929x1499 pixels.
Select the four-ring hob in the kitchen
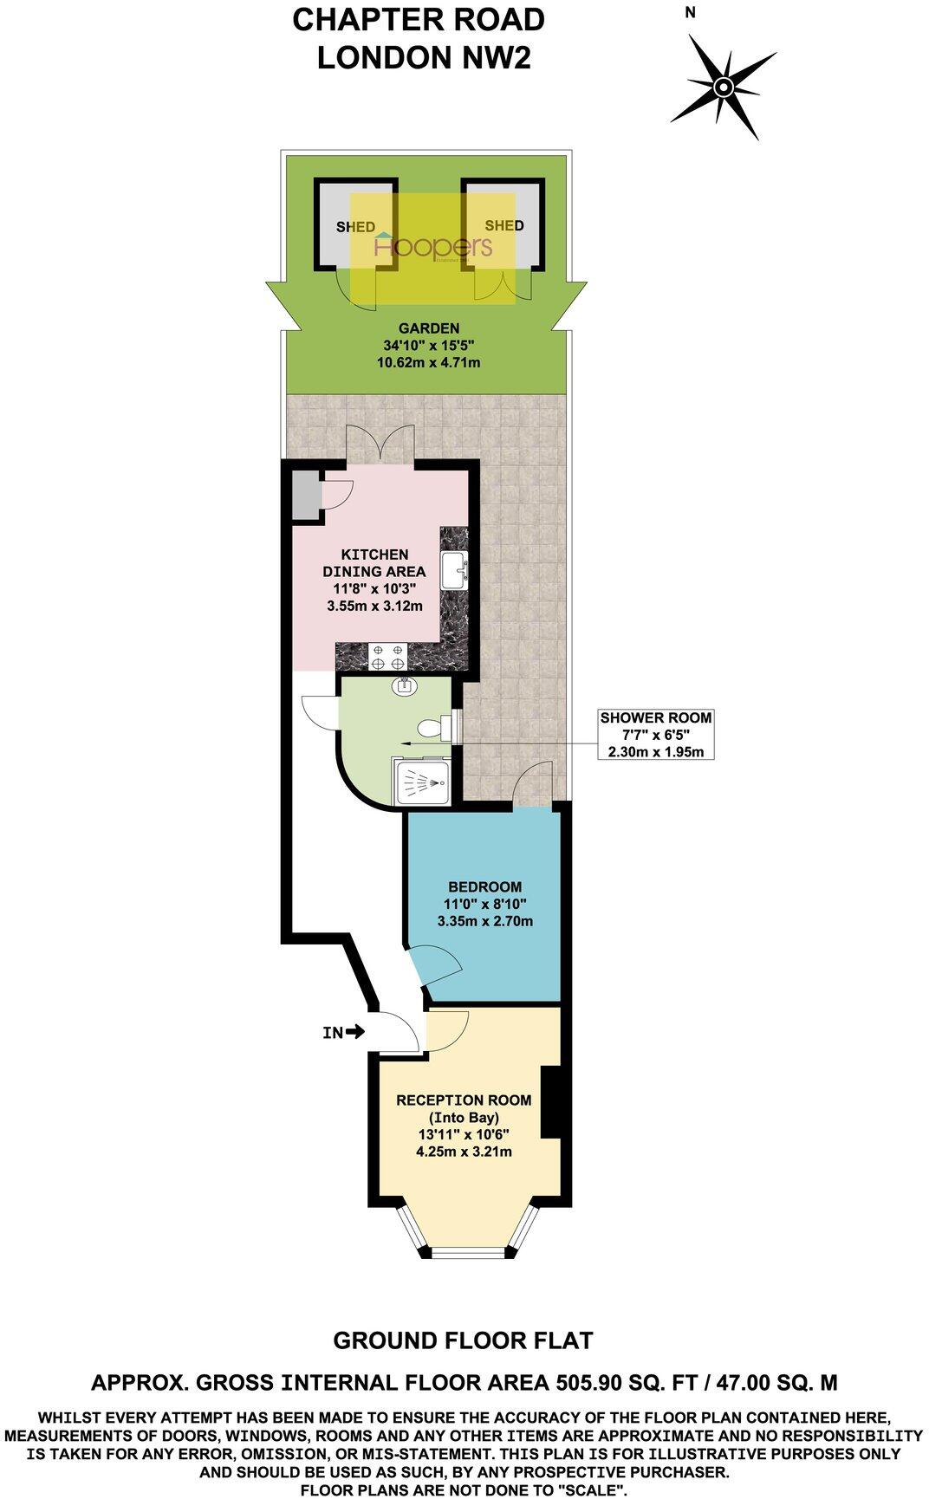pyautogui.click(x=387, y=656)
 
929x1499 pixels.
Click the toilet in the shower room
pyautogui.click(x=431, y=726)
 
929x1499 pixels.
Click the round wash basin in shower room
pyautogui.click(x=404, y=687)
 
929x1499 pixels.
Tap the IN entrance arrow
pyautogui.click(x=343, y=1032)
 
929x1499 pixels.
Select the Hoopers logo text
pyautogui.click(x=432, y=247)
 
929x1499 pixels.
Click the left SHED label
pyautogui.click(x=355, y=227)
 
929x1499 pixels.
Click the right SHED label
pyautogui.click(x=503, y=225)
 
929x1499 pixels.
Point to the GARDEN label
pyautogui.click(x=428, y=328)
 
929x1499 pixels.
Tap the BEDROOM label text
pyautogui.click(x=484, y=886)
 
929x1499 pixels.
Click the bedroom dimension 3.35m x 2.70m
pyautogui.click(x=484, y=921)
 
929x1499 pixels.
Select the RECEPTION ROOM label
pyautogui.click(x=463, y=1100)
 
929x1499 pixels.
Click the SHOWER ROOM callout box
pyautogui.click(x=656, y=734)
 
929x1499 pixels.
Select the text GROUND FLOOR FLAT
pyautogui.click(x=463, y=1340)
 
